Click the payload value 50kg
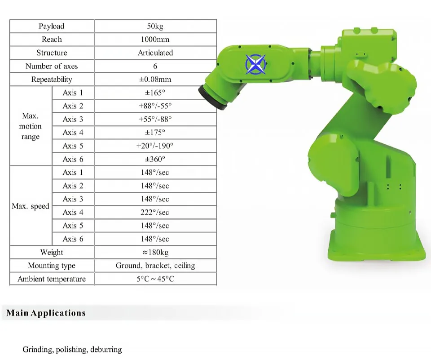tap(155, 26)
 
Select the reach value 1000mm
tap(155, 40)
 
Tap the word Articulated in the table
tap(155, 53)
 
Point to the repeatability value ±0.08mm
tap(155, 79)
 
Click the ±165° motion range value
tap(155, 93)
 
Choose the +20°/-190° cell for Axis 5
tap(155, 146)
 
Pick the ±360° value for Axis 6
tap(155, 159)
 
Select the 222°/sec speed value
tap(155, 212)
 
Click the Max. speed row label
tap(31, 206)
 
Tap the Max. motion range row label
tap(30, 126)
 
